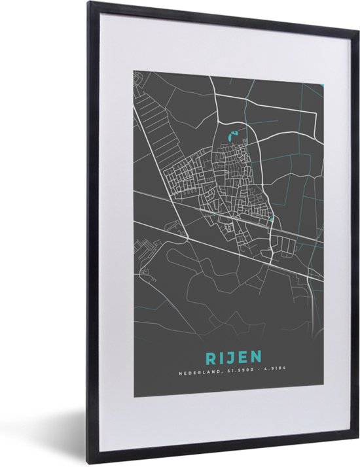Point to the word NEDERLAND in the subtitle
[197, 374]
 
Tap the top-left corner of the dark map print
[134, 70]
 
